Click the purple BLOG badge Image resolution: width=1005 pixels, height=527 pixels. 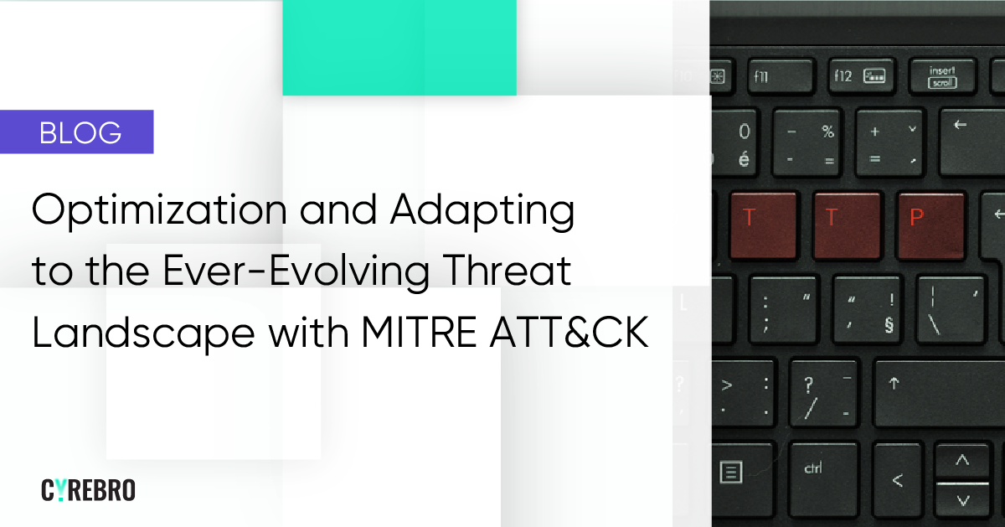click(77, 132)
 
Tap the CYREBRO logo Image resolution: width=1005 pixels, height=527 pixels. click(88, 490)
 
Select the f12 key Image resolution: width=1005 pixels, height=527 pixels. click(859, 76)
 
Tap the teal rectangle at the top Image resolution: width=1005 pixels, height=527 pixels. click(399, 47)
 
